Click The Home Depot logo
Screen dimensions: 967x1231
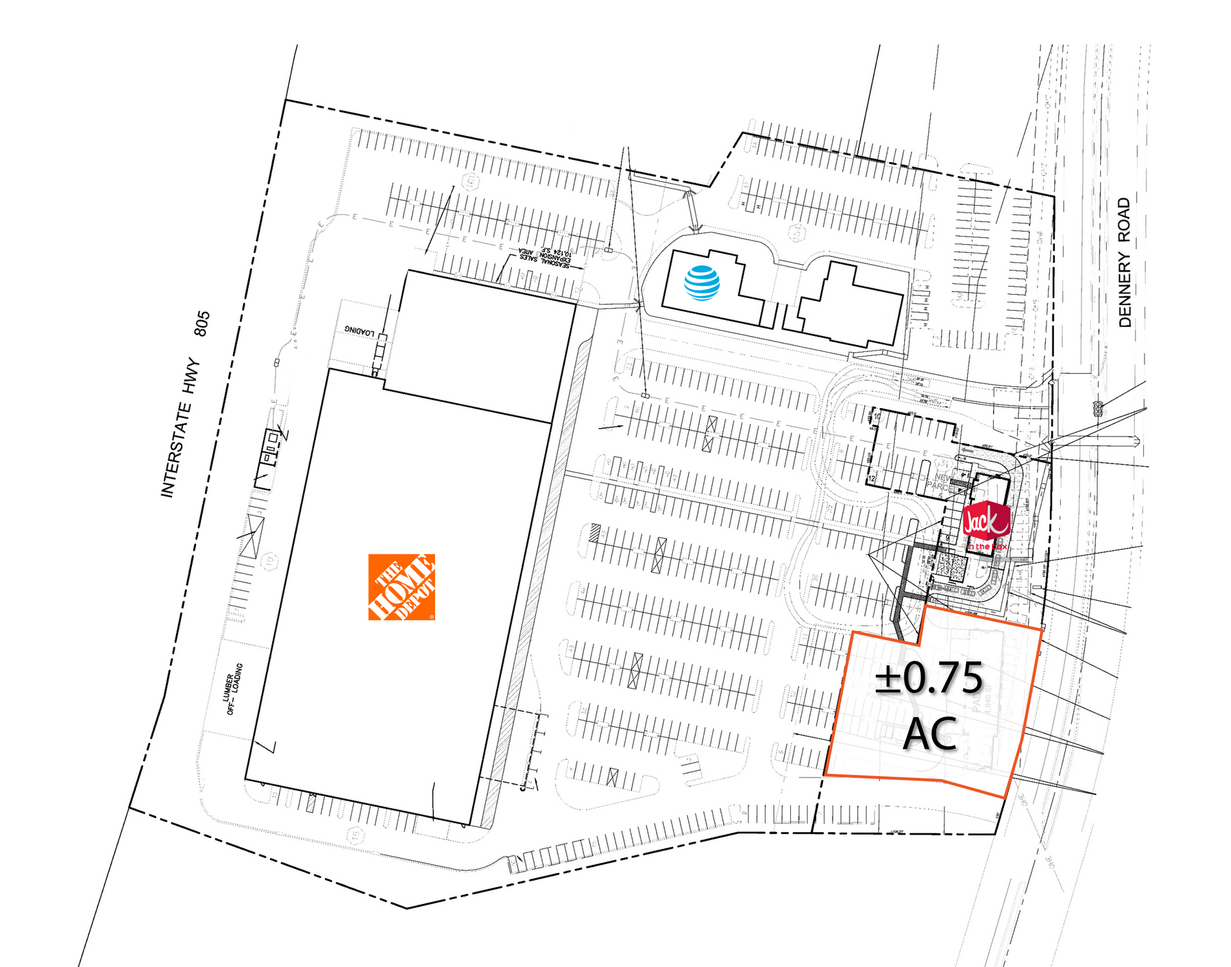pyautogui.click(x=401, y=587)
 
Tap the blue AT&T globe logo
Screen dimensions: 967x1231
pyautogui.click(x=701, y=283)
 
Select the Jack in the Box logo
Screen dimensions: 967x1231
pyautogui.click(x=985, y=522)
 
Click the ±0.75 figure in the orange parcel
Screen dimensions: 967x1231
pyautogui.click(x=929, y=678)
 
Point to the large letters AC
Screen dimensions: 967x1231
pyautogui.click(x=929, y=734)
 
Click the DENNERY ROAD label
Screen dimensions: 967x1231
pyautogui.click(x=1124, y=262)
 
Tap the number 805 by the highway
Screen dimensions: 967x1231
pyautogui.click(x=202, y=324)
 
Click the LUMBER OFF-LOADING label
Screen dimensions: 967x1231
pyautogui.click(x=233, y=689)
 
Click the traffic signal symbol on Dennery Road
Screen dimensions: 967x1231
pyautogui.click(x=1098, y=408)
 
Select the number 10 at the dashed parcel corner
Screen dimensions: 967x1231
pyautogui.click(x=877, y=416)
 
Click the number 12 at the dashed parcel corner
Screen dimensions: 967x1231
pyautogui.click(x=872, y=479)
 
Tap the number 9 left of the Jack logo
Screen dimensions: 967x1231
pyautogui.click(x=947, y=538)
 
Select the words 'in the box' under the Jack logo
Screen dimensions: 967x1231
pyautogui.click(x=986, y=547)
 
